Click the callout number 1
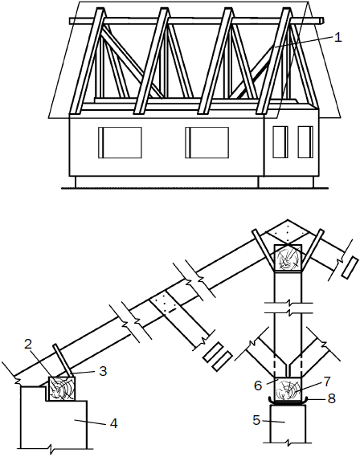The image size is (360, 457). (337, 38)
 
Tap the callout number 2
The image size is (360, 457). (28, 345)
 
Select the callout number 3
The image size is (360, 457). (103, 371)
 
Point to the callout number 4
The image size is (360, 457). (113, 423)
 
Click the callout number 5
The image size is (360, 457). (256, 421)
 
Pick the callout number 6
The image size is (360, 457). (258, 386)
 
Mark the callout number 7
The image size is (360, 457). (327, 381)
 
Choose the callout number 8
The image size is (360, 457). (331, 398)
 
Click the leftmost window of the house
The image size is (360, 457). (120, 142)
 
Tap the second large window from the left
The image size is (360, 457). (207, 142)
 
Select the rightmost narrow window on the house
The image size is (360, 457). (305, 142)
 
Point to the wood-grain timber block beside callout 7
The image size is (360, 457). (288, 390)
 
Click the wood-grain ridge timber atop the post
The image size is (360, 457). (288, 259)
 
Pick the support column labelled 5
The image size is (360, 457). (288, 424)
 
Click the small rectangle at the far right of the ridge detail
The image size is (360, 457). (350, 267)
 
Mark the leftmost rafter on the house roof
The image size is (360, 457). (87, 61)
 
